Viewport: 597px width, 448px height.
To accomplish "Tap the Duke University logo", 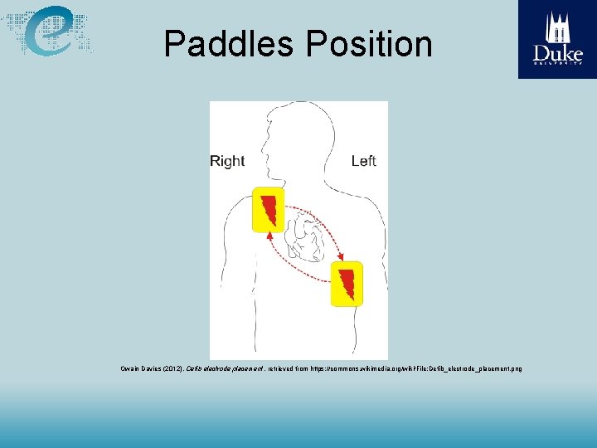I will coord(557,39).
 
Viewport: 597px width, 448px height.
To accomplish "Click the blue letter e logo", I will coord(49,32).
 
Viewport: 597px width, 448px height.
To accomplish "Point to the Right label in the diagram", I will coord(227,161).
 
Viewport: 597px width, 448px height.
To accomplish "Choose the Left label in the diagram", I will coord(363,161).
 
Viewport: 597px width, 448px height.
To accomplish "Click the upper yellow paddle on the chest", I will coord(269,209).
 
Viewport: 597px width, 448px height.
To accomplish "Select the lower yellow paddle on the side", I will coord(346,283).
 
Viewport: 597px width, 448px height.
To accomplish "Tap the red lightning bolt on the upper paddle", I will coord(269,209).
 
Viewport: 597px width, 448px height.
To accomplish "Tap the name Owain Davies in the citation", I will coord(141,368).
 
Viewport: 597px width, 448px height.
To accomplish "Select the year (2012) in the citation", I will coord(173,368).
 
